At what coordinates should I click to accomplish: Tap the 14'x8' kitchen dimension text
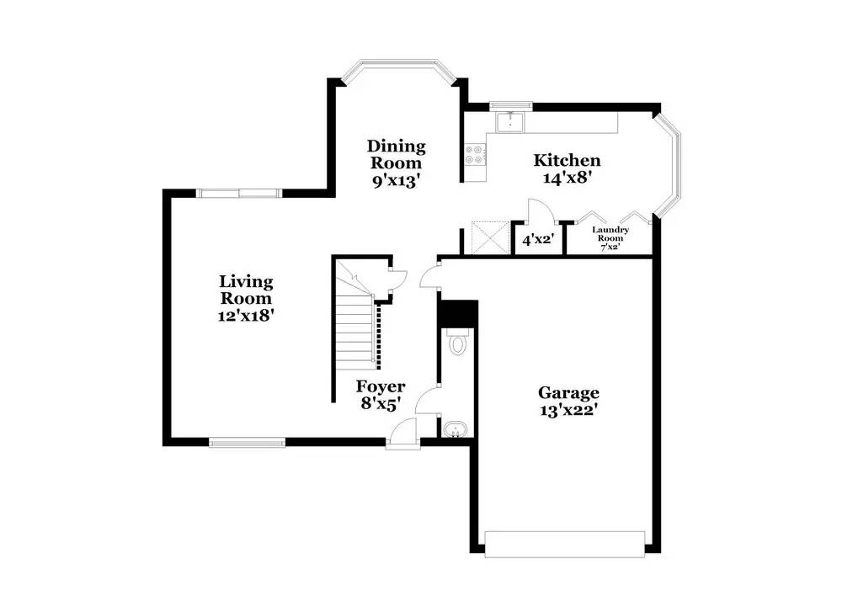click(568, 178)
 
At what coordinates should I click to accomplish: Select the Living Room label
click(246, 290)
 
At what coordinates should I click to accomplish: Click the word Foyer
click(381, 386)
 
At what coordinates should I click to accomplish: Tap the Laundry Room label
click(610, 234)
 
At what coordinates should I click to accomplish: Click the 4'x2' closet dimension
click(536, 240)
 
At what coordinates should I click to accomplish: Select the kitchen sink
click(509, 123)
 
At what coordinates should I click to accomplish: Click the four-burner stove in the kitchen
click(475, 154)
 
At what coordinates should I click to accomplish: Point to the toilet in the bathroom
click(458, 343)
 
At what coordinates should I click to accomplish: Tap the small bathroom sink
click(455, 429)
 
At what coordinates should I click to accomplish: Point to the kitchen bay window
click(671, 162)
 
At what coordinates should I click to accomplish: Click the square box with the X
click(487, 237)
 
